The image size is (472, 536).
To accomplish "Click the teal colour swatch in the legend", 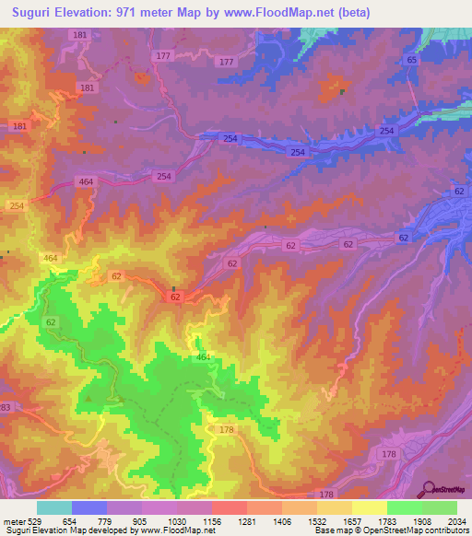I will (x=54, y=507).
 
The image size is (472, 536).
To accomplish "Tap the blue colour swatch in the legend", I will (x=89, y=507).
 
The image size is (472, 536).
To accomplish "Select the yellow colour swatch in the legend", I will (x=369, y=507).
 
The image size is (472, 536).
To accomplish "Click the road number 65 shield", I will (x=411, y=60).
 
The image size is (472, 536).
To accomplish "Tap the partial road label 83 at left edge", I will (x=5, y=407).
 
